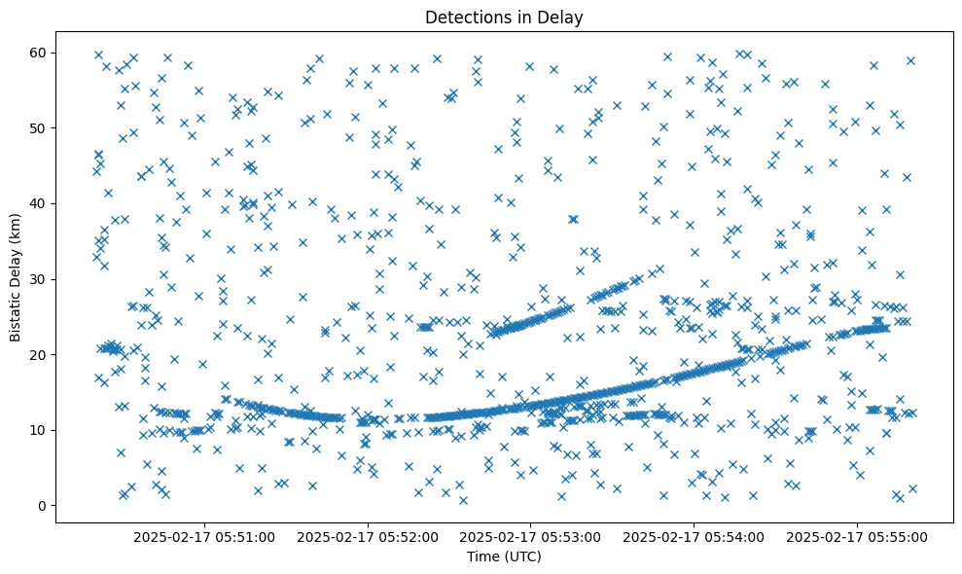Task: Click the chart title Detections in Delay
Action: (504, 17)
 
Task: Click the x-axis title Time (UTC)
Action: (504, 557)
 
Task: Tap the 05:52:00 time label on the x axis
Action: (370, 536)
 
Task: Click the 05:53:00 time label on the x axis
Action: (532, 536)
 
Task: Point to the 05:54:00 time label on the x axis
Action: (695, 536)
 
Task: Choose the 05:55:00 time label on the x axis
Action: (858, 536)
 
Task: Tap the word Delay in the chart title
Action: (563, 17)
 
